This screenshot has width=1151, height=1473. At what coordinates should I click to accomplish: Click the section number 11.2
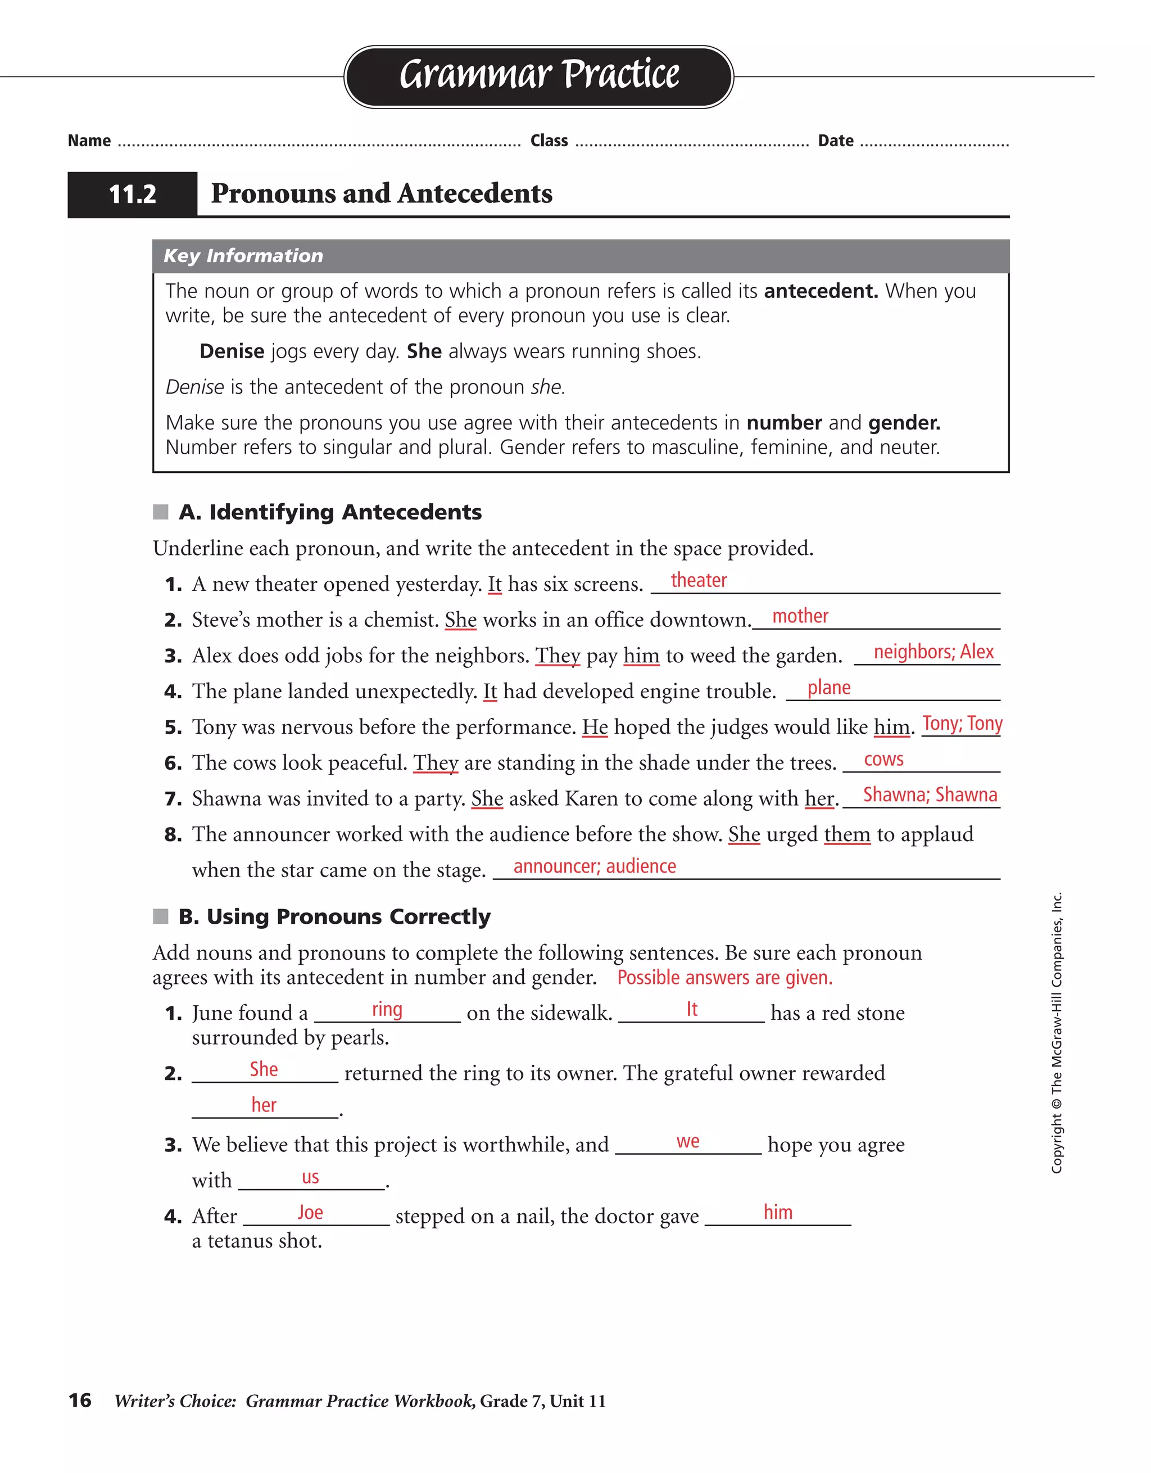pos(132,194)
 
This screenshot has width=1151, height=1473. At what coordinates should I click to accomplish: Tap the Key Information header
pos(243,256)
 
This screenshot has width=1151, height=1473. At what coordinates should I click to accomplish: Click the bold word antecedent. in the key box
pos(820,291)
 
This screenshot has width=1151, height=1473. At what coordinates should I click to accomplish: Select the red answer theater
pos(699,580)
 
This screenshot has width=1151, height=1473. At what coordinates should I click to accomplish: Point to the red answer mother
pos(800,616)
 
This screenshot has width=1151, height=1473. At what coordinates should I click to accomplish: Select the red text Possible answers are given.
pos(725,977)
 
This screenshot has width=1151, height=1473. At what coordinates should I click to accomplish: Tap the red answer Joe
pos(310,1212)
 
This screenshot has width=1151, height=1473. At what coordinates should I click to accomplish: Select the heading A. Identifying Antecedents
pos(330,512)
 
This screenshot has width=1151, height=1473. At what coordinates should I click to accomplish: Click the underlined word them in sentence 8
pos(847,834)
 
